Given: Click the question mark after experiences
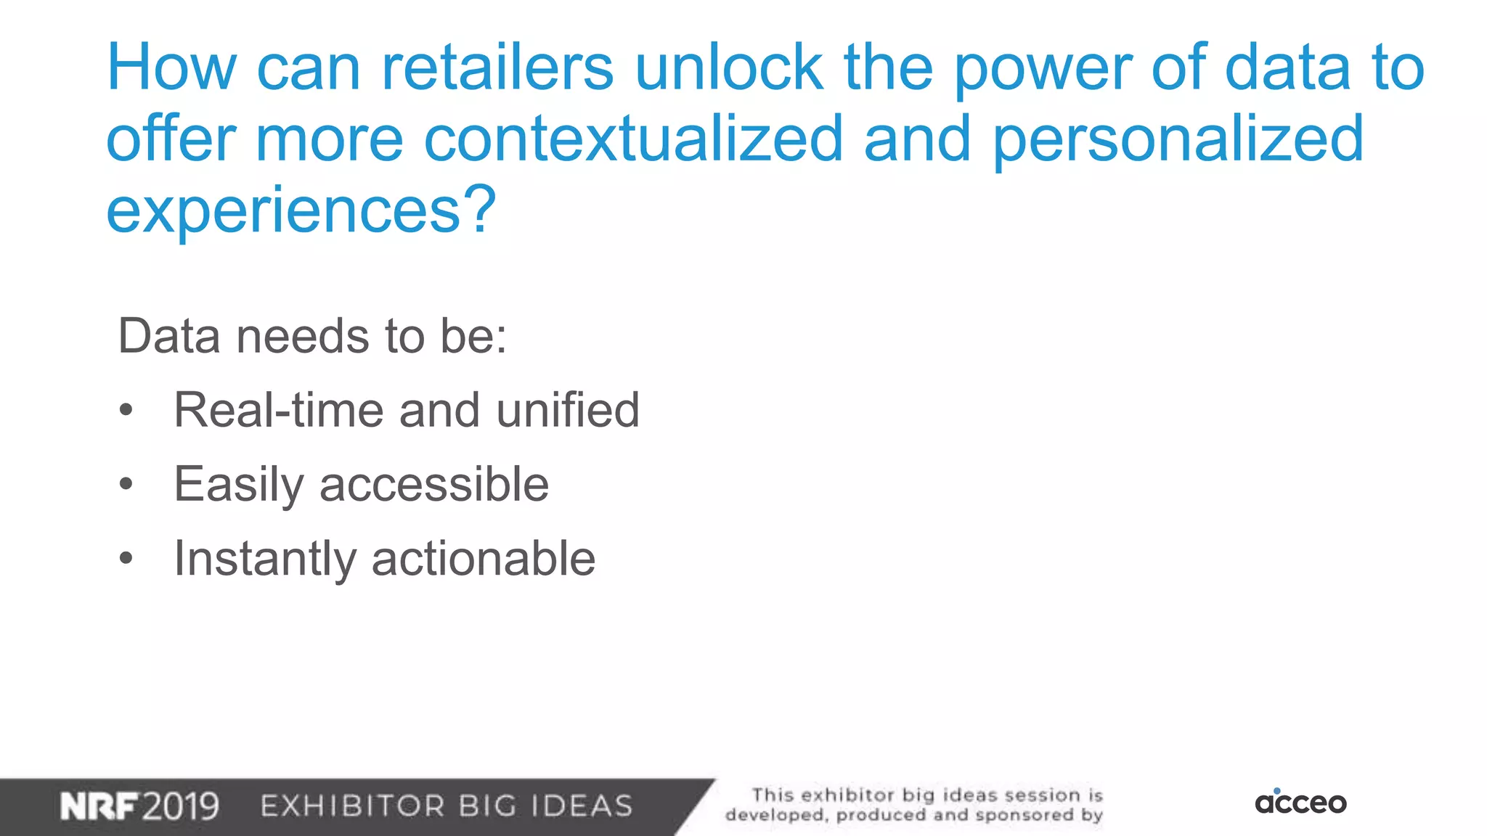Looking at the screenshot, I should tap(481, 210).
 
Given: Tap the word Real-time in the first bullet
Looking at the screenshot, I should tap(279, 410).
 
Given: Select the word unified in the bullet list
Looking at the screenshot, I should tap(567, 410).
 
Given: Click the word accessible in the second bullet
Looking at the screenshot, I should tap(434, 484).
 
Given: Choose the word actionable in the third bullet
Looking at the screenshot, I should tap(484, 559).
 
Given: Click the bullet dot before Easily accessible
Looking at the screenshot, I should tap(126, 484).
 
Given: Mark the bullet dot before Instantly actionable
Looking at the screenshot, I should tap(126, 559).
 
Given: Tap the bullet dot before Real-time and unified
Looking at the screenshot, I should tap(126, 410).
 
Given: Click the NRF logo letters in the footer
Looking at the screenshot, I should tap(99, 806).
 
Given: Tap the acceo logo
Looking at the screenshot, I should tap(1300, 802).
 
